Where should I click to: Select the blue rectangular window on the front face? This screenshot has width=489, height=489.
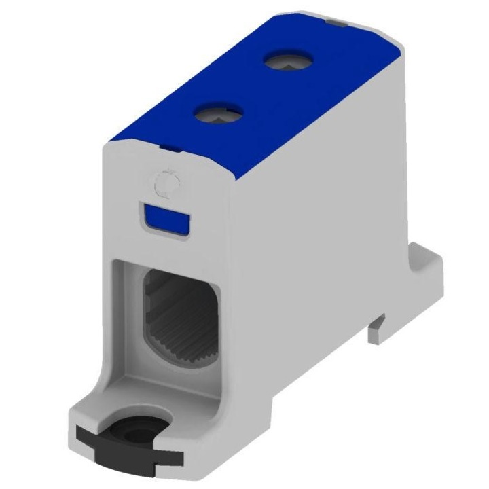[x=166, y=218]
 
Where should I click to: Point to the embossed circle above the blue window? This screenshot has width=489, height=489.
[x=165, y=183]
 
